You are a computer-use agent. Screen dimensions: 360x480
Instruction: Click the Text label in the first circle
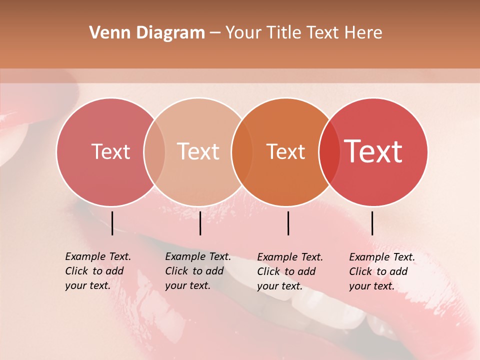pyautogui.click(x=110, y=151)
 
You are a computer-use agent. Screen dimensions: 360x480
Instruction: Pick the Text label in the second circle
pyautogui.click(x=198, y=151)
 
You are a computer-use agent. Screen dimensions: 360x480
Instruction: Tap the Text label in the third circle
pyautogui.click(x=285, y=151)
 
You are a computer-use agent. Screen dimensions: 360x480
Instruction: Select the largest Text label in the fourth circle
pyautogui.click(x=373, y=151)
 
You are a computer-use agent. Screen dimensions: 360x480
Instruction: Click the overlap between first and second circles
pyautogui.click(x=154, y=151)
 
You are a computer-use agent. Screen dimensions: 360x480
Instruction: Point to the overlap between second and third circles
pyautogui.click(x=242, y=151)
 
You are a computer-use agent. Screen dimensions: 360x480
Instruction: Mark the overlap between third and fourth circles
pyautogui.click(x=329, y=151)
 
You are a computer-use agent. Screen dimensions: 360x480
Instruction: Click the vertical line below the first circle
pyautogui.click(x=112, y=223)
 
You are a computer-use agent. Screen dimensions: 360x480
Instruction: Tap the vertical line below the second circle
pyautogui.click(x=200, y=223)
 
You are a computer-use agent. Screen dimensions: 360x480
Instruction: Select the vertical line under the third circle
pyautogui.click(x=288, y=223)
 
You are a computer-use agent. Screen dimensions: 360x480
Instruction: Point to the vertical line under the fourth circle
pyautogui.click(x=372, y=223)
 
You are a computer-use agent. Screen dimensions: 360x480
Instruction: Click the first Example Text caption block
pyautogui.click(x=98, y=271)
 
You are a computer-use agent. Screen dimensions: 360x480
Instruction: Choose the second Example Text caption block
pyautogui.click(x=198, y=271)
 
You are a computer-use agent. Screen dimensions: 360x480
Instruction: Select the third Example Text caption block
pyautogui.click(x=290, y=271)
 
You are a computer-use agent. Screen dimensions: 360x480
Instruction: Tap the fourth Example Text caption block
pyautogui.click(x=382, y=271)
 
